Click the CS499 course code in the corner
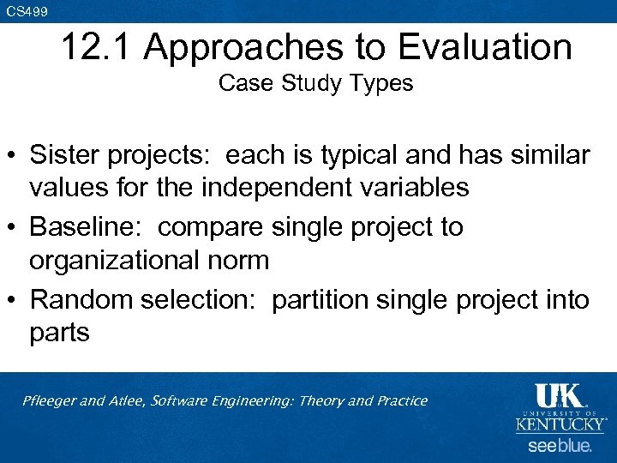pyautogui.click(x=27, y=11)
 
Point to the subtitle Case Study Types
pyautogui.click(x=315, y=83)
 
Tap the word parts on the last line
pyautogui.click(x=59, y=332)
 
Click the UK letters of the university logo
pyautogui.click(x=559, y=395)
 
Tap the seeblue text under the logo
pyautogui.click(x=559, y=446)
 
